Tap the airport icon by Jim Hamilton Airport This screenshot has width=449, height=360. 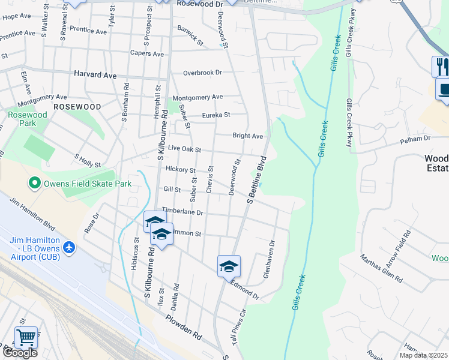(69, 247)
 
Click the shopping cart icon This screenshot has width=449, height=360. (26, 337)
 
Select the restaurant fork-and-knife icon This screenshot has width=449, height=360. (442, 65)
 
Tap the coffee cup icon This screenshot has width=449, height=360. (444, 89)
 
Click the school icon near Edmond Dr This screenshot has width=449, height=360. (229, 266)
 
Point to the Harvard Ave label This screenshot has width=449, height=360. (95, 74)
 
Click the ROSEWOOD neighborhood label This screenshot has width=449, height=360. (77, 106)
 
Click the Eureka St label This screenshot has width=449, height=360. (215, 115)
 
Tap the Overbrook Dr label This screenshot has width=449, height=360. (202, 73)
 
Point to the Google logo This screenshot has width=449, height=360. (19, 353)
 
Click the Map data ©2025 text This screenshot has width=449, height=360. (424, 355)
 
